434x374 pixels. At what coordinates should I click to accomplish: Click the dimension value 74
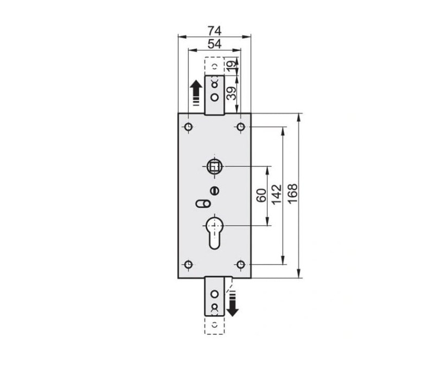pos(214,30)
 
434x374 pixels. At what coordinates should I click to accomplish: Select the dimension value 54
pos(214,44)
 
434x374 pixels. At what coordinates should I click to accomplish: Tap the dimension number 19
pos(232,66)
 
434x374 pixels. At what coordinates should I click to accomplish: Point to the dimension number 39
pos(232,93)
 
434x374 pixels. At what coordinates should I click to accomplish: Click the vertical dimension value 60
pos(261,195)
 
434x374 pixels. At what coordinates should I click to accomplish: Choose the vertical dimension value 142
pos(277,195)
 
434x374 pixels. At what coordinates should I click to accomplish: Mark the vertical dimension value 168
pos(292,194)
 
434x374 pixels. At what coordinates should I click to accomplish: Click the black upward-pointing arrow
pos(196,92)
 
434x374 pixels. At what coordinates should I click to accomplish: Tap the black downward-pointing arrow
pos(232,303)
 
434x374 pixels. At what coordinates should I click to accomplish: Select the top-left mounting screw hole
pos(188,127)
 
